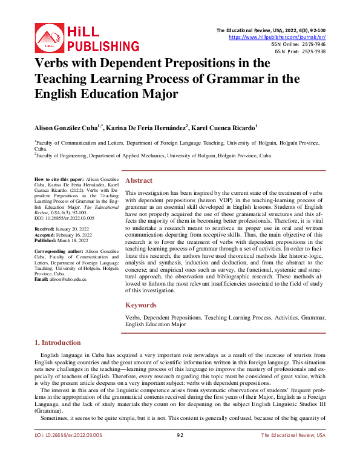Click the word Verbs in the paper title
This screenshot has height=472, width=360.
54,64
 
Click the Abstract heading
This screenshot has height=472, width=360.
139,180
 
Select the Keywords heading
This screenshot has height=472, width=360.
141,305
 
